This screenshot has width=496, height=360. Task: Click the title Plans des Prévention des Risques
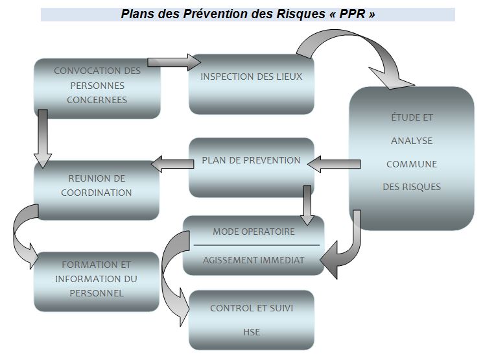click(214, 14)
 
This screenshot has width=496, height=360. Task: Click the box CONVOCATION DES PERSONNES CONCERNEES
click(97, 86)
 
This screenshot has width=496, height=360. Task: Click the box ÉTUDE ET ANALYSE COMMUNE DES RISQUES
click(412, 156)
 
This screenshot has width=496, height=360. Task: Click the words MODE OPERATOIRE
click(254, 232)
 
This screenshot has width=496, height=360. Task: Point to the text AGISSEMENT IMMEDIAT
click(254, 259)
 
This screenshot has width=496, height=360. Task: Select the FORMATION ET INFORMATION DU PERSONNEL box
click(97, 280)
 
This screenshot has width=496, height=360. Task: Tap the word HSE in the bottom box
click(252, 332)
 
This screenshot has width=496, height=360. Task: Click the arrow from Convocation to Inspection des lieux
click(174, 62)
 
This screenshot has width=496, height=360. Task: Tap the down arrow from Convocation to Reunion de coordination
click(42, 138)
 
